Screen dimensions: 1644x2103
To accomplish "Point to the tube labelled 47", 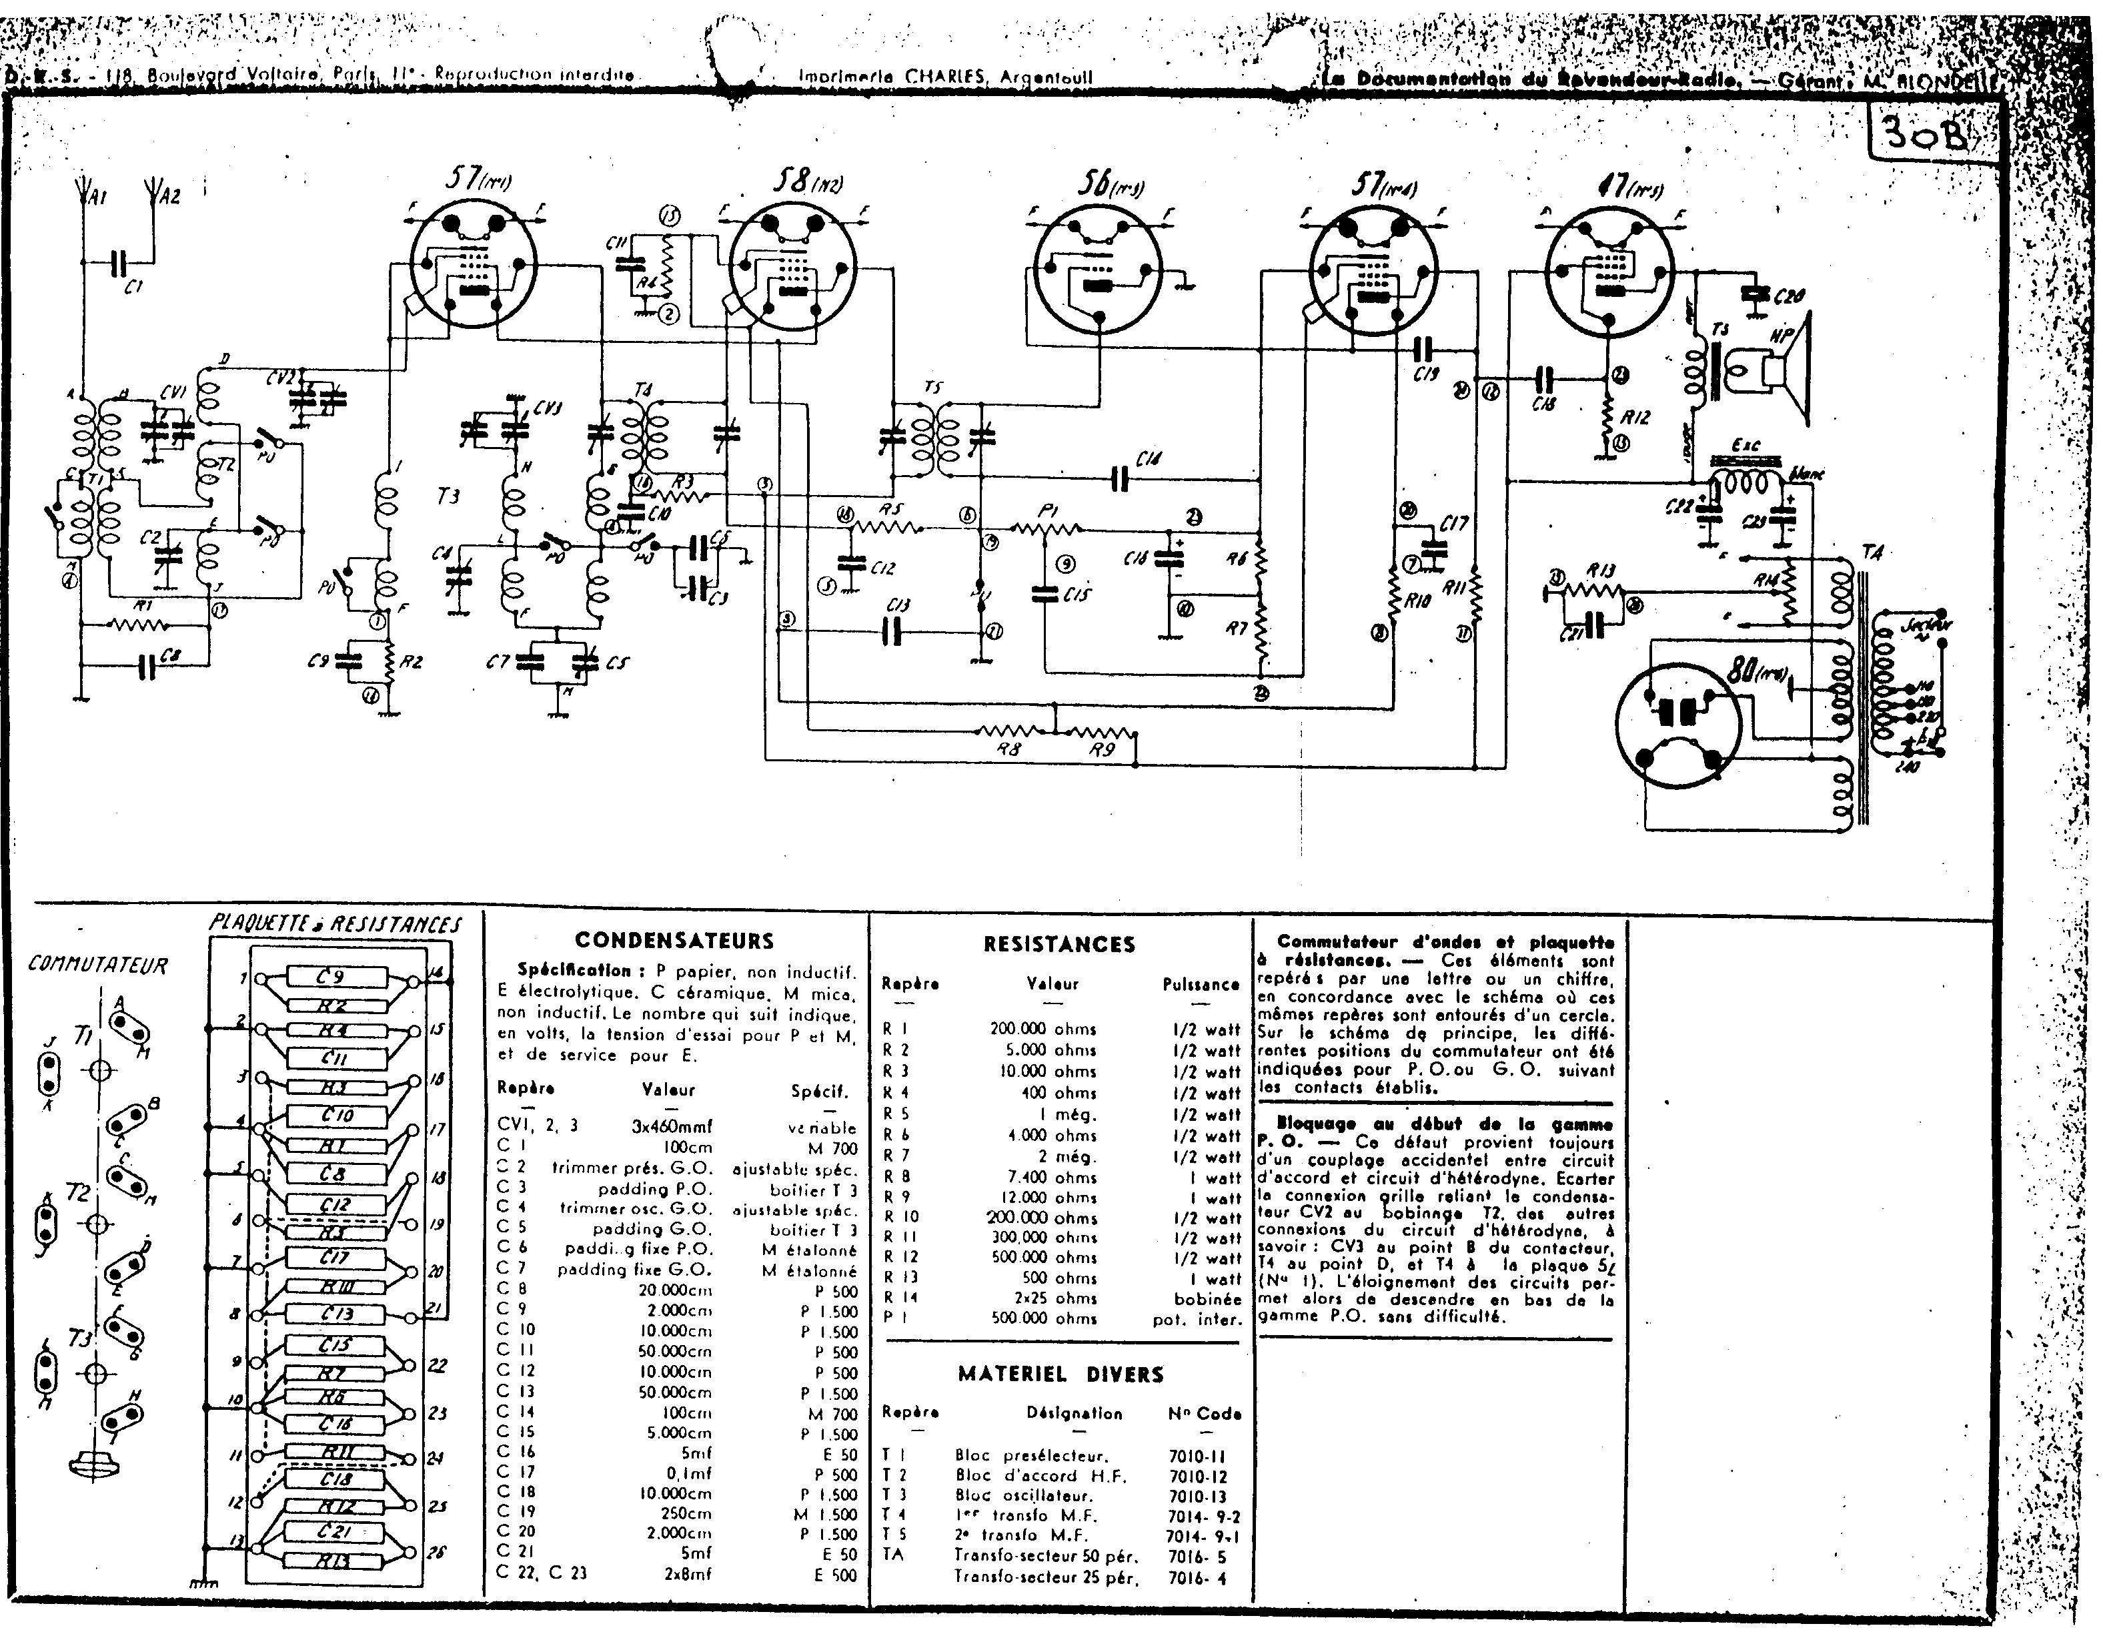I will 1608,273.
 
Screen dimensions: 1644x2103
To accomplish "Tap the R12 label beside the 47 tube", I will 1635,417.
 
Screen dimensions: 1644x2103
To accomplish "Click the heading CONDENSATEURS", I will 674,940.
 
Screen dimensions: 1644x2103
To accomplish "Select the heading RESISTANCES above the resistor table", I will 1059,944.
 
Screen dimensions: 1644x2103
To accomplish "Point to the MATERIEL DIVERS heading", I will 1060,1374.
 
